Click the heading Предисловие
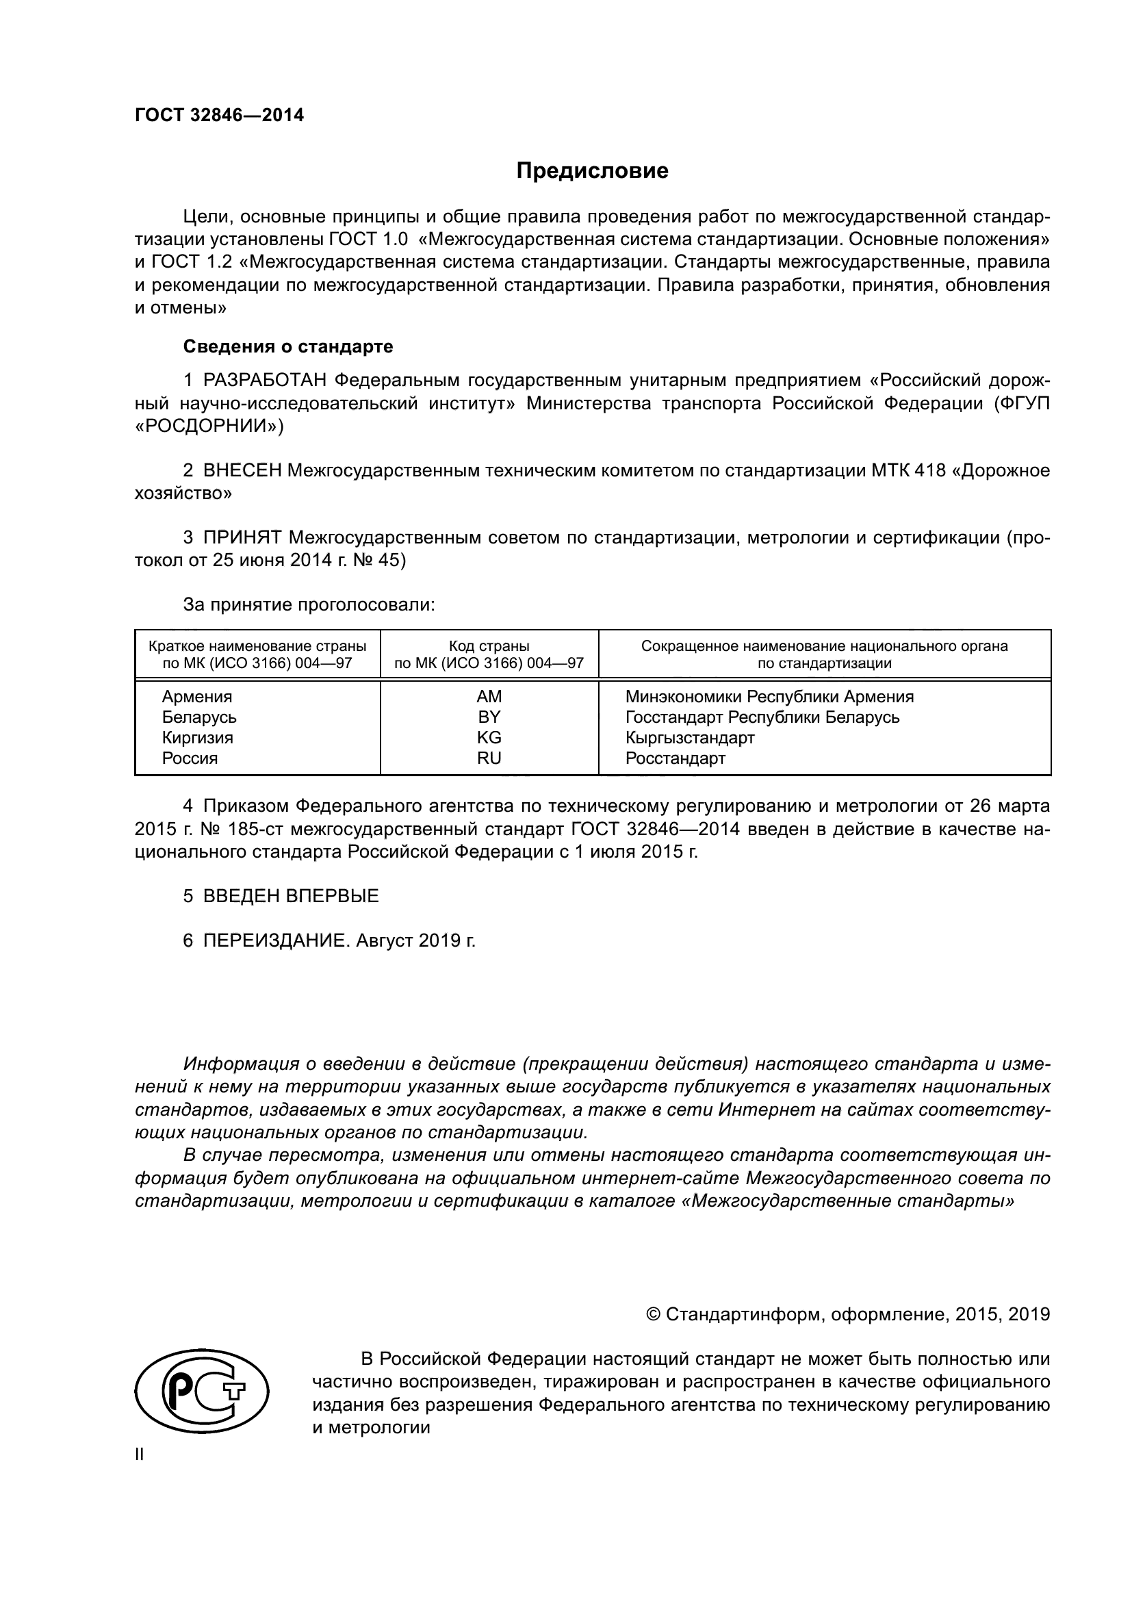(592, 171)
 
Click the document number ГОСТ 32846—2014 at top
(219, 115)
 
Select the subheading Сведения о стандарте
(288, 346)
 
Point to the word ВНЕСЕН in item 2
(242, 471)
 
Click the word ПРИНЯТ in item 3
(242, 537)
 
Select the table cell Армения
(196, 697)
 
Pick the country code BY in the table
(489, 717)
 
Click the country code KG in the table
(489, 737)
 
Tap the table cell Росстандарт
(675, 758)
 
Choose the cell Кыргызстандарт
(689, 737)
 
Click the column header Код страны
(489, 645)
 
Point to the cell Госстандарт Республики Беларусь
(762, 717)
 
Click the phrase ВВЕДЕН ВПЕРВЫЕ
(291, 896)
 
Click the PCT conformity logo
(201, 1394)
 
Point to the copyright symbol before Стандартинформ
(653, 1314)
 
